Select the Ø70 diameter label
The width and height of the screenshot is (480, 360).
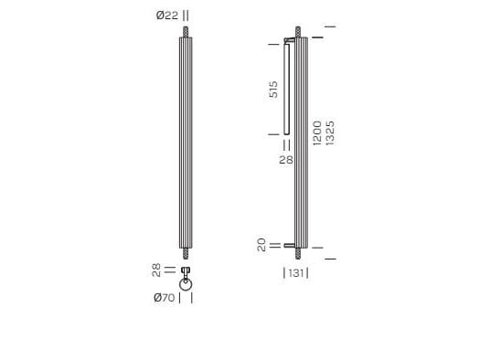pyautogui.click(x=165, y=297)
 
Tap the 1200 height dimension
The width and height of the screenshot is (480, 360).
pyautogui.click(x=316, y=133)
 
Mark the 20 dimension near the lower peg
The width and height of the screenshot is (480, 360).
pyautogui.click(x=261, y=246)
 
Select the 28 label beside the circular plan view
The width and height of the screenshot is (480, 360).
pyautogui.click(x=156, y=270)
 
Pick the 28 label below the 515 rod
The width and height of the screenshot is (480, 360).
pyautogui.click(x=285, y=160)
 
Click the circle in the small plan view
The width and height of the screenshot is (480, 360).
pyautogui.click(x=186, y=289)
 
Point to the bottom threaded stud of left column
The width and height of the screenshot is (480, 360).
pyautogui.click(x=186, y=253)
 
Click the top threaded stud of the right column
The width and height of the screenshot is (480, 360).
pyautogui.click(x=302, y=33)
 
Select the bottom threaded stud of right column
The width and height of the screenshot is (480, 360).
pyautogui.click(x=302, y=253)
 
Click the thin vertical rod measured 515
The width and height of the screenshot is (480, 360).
pyautogui.click(x=286, y=90)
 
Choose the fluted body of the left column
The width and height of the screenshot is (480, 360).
pyautogui.click(x=186, y=142)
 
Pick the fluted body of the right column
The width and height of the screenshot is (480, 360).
pyautogui.click(x=302, y=142)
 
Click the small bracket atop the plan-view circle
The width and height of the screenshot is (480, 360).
pyautogui.click(x=186, y=272)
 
